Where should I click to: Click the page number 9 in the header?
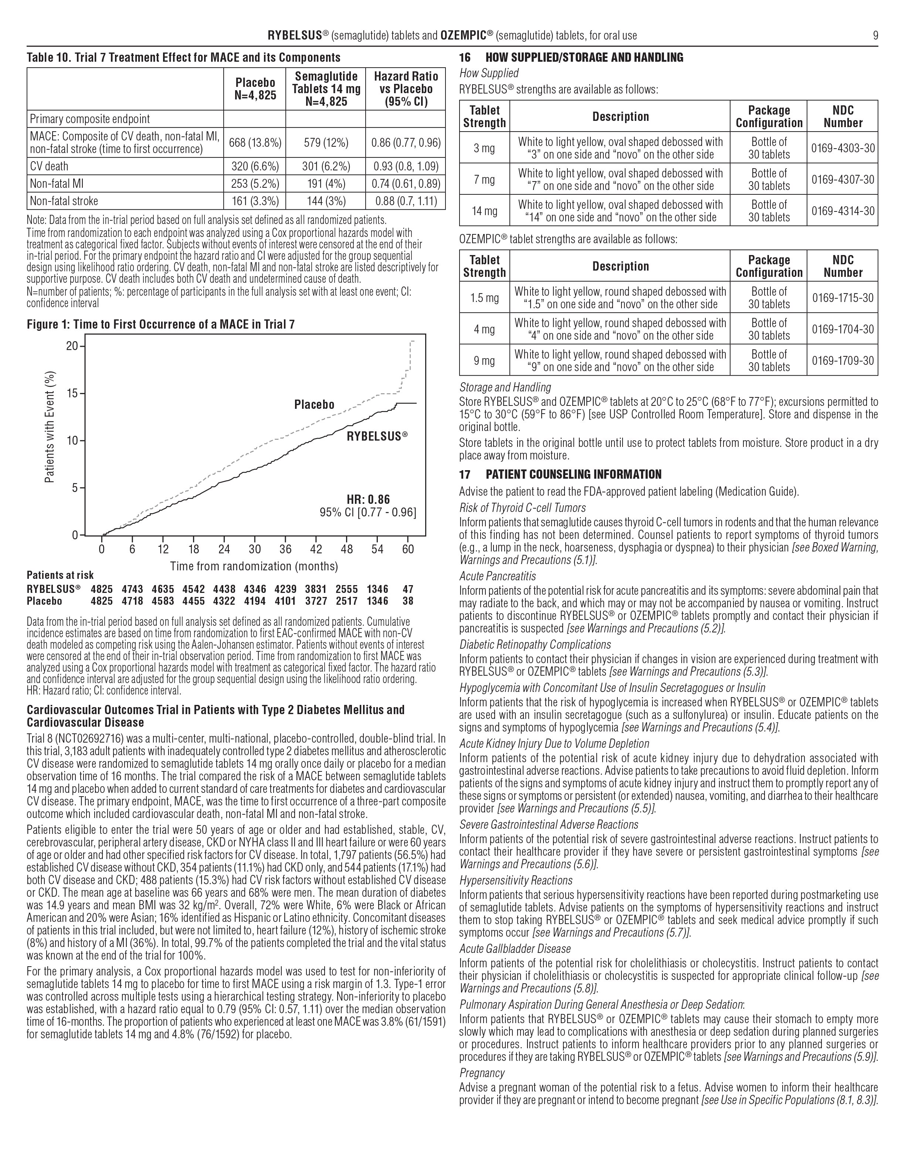pos(875,36)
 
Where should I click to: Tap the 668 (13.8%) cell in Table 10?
pos(255,143)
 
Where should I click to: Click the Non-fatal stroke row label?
pos(64,201)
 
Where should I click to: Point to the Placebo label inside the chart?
pos(314,405)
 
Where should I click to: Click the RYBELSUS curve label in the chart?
pos(377,437)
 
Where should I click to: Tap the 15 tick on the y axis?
pos(72,394)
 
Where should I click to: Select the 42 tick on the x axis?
pos(316,549)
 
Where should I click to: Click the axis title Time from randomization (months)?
pos(254,566)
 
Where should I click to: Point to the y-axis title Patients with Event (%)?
pos(50,427)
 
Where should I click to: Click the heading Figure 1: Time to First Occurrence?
pos(160,325)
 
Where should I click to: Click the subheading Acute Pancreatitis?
pos(497,576)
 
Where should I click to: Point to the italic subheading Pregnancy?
pos(482,1073)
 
